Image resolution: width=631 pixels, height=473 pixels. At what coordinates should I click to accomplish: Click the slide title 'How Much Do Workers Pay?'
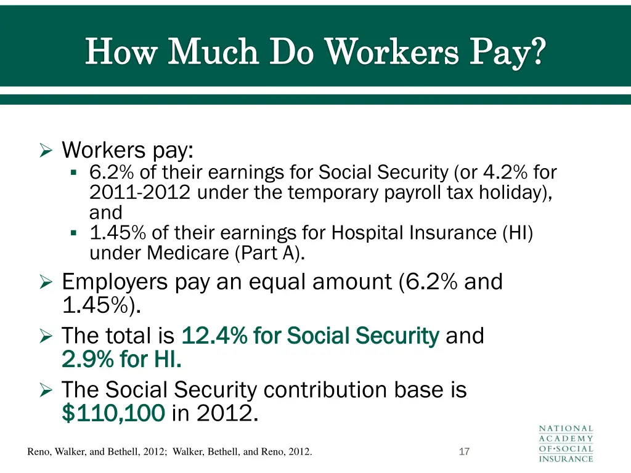tap(315, 51)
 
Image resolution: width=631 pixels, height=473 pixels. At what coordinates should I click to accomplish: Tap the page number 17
tap(465, 452)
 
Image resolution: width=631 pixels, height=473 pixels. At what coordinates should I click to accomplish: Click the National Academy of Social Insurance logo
tap(566, 443)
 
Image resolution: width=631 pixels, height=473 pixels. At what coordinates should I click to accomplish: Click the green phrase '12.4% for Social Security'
tap(310, 336)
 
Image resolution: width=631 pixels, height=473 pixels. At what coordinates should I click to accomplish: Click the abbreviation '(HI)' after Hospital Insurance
tap(517, 233)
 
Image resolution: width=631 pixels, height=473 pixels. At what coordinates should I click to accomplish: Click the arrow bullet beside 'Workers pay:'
tap(47, 150)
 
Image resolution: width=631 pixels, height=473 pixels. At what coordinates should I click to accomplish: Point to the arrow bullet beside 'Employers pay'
tap(47, 283)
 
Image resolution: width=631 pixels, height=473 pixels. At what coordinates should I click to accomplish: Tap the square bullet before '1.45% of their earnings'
tap(74, 233)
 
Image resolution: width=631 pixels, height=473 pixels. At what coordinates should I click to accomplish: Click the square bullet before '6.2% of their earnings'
tap(74, 173)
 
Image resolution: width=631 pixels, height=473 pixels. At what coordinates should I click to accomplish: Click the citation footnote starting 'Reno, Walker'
tap(169, 452)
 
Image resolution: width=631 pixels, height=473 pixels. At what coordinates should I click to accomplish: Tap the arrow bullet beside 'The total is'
tap(47, 337)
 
